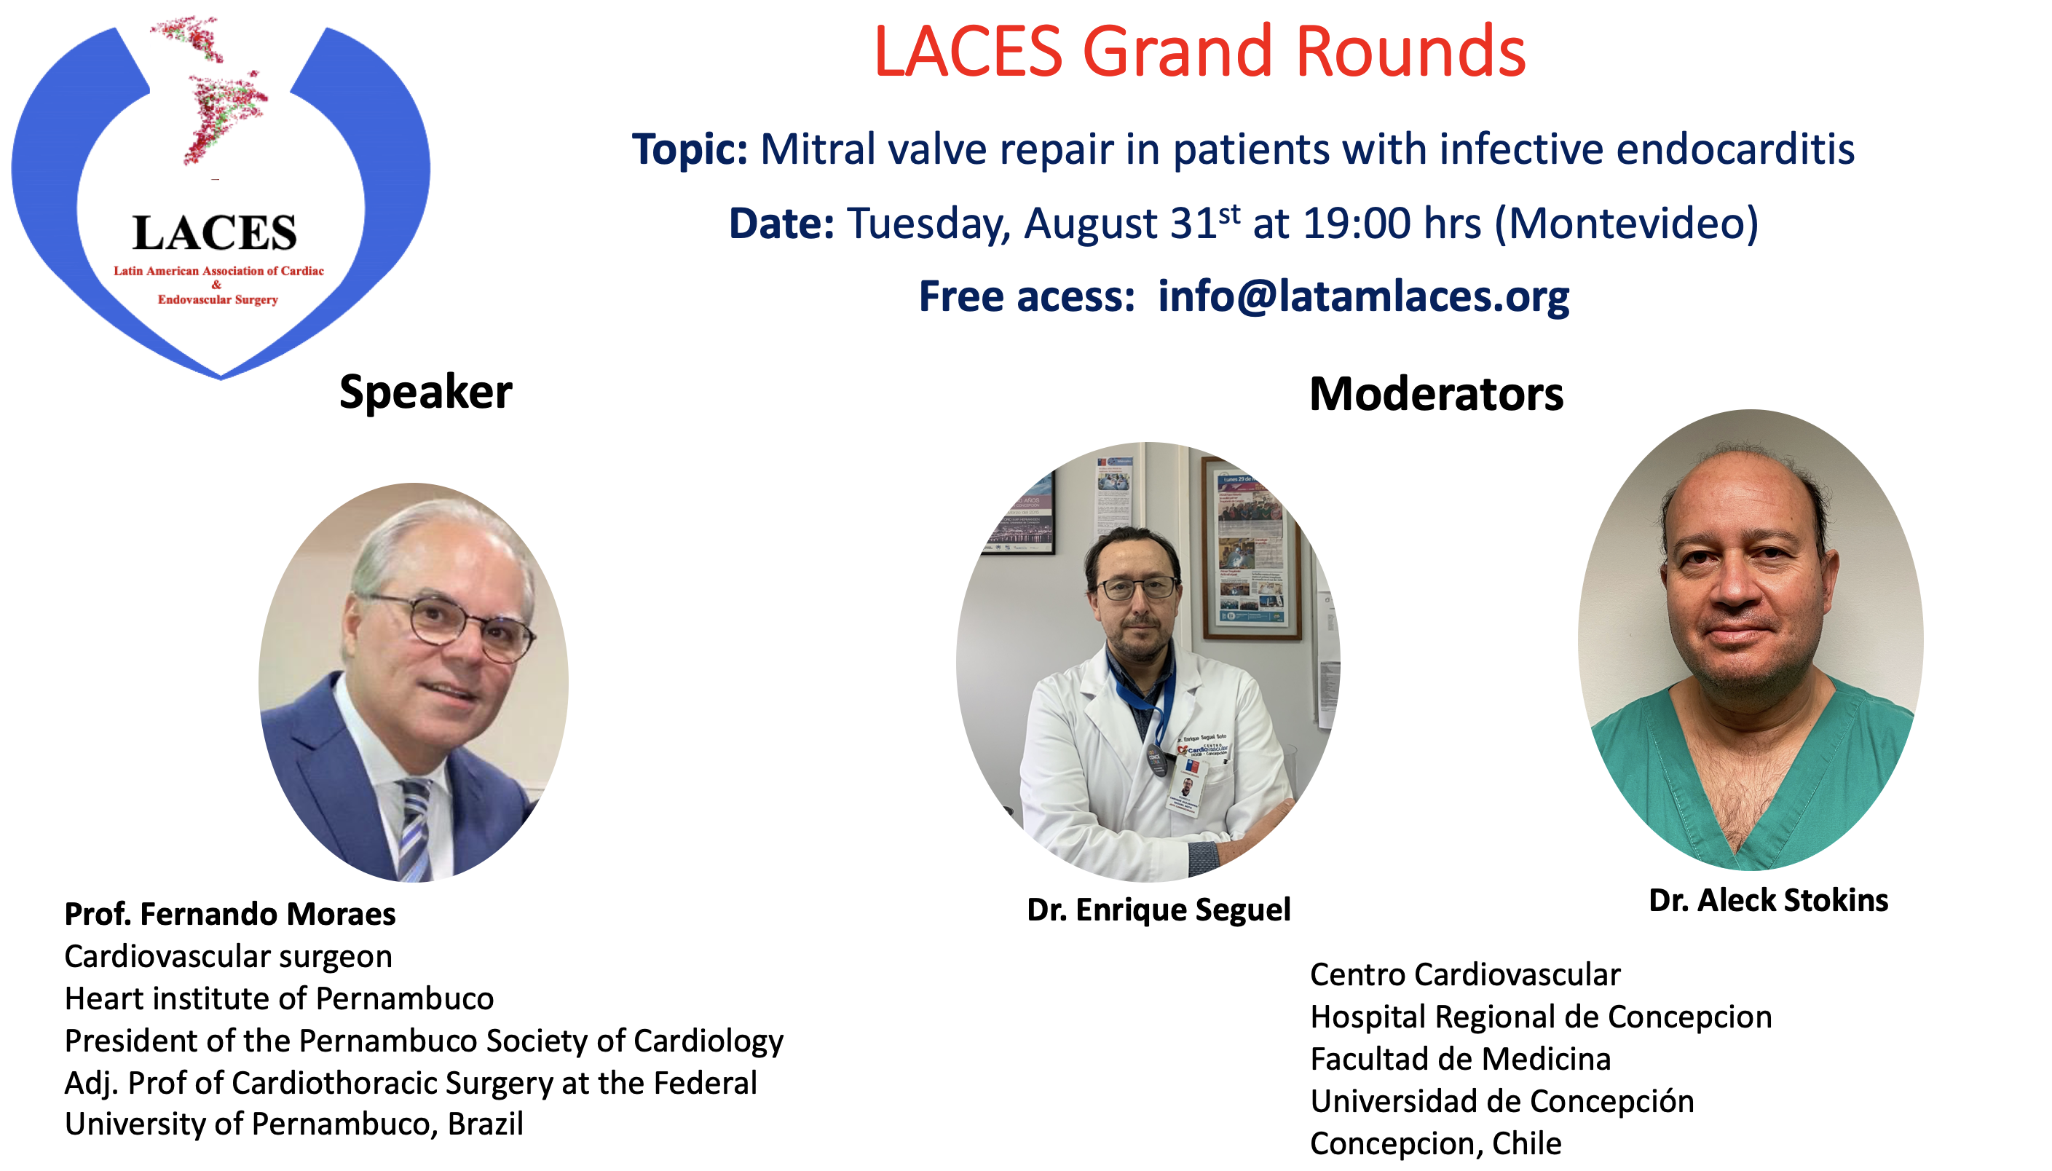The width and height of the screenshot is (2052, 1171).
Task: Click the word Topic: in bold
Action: (x=690, y=149)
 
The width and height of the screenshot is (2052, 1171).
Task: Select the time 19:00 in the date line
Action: (x=1357, y=223)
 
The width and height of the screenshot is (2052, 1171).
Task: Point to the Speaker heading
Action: (x=425, y=393)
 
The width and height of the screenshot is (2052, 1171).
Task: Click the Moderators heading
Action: (x=1436, y=394)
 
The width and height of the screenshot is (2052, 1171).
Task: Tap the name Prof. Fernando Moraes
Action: (x=230, y=914)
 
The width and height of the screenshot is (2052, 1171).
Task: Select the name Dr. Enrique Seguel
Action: (x=1159, y=910)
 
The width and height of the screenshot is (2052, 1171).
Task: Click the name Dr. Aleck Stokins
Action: (x=1768, y=900)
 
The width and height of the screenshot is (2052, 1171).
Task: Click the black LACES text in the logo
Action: (x=215, y=232)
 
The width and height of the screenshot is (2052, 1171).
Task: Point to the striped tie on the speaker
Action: (x=414, y=829)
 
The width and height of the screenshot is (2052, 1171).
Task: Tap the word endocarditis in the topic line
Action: (x=1735, y=149)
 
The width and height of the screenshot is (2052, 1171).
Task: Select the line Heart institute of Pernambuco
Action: (x=279, y=998)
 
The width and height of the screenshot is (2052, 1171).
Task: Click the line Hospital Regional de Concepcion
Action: (x=1541, y=1017)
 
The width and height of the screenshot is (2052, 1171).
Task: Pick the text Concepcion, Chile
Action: (x=1436, y=1143)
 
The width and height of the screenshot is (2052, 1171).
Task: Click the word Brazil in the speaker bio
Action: (x=485, y=1124)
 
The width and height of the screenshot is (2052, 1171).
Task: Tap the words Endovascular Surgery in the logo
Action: (x=218, y=300)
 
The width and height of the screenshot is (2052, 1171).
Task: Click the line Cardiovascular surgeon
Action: (x=229, y=956)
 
